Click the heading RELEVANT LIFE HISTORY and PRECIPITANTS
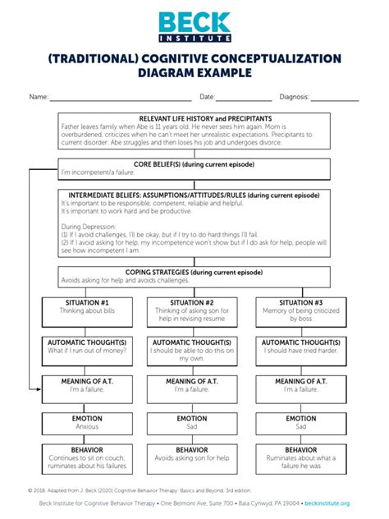point(194,119)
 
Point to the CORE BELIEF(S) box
point(194,169)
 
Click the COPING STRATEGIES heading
point(194,272)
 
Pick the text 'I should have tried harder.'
point(300,351)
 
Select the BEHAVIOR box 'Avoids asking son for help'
point(191,457)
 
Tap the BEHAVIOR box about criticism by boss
point(300,461)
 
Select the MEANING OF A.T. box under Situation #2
point(191,386)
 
